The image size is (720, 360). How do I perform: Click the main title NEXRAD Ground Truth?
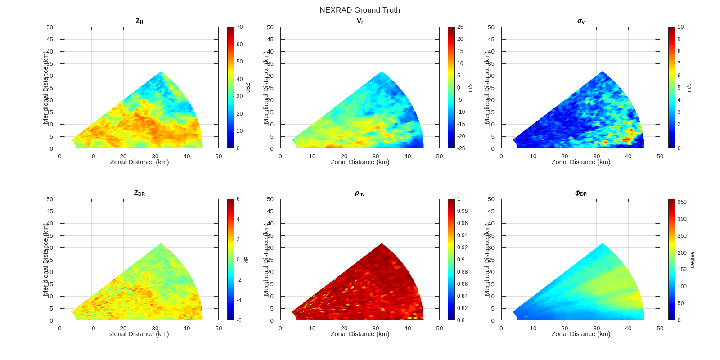coord(360,10)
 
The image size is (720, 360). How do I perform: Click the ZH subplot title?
coord(139,21)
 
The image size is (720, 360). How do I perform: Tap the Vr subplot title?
coord(360,21)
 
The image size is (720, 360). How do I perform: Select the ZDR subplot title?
coord(139,193)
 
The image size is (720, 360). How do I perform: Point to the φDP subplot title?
coord(580,193)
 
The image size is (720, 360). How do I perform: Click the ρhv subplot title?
coord(360,193)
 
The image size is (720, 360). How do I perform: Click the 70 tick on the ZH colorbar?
coord(240,27)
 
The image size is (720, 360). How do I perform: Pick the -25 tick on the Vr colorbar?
coord(461,148)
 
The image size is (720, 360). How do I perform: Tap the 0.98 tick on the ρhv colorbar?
coord(462,211)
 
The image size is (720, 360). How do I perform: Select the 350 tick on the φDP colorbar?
coord(682,202)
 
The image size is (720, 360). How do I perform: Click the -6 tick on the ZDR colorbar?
coord(239,320)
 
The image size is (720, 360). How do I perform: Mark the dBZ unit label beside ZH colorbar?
coord(247,88)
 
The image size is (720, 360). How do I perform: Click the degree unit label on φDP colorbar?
coord(692,260)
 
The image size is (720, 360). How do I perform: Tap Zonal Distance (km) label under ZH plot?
coord(139,162)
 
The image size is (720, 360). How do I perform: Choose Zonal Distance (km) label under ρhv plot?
coord(360,334)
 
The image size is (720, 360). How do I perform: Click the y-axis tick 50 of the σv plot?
coord(491,27)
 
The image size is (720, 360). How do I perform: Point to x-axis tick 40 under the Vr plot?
coord(408,157)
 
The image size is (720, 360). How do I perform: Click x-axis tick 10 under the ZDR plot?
coord(92,328)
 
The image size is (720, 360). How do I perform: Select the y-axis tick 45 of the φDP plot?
coord(491,211)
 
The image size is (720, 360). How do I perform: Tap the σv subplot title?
coord(580,21)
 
